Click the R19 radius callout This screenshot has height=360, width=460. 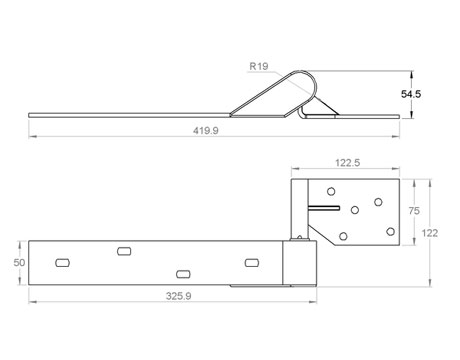tap(259, 66)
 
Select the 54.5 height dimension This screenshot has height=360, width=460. tap(411, 94)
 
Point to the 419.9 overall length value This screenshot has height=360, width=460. tap(206, 130)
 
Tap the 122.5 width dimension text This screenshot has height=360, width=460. tap(347, 163)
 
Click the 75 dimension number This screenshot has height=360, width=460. tap(414, 211)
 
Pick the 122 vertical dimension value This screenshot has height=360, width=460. tap(429, 233)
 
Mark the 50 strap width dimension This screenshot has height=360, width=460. tap(19, 263)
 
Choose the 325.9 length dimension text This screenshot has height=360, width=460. tap(179, 296)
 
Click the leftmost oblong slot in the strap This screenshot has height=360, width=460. tap(62, 263)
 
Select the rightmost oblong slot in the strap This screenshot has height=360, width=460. tap(252, 263)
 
